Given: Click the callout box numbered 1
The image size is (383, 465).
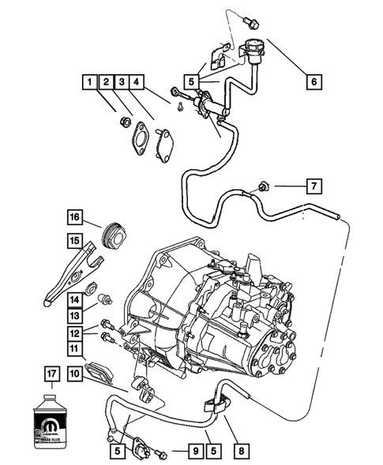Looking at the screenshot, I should click(91, 81).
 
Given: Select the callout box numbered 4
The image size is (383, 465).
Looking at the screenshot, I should click(137, 81).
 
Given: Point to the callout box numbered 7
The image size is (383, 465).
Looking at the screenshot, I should click(313, 187).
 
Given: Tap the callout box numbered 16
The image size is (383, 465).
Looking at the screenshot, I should click(74, 217).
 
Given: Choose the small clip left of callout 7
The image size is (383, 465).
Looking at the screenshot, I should click(261, 187).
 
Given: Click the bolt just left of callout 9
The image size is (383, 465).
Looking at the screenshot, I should click(164, 452).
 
